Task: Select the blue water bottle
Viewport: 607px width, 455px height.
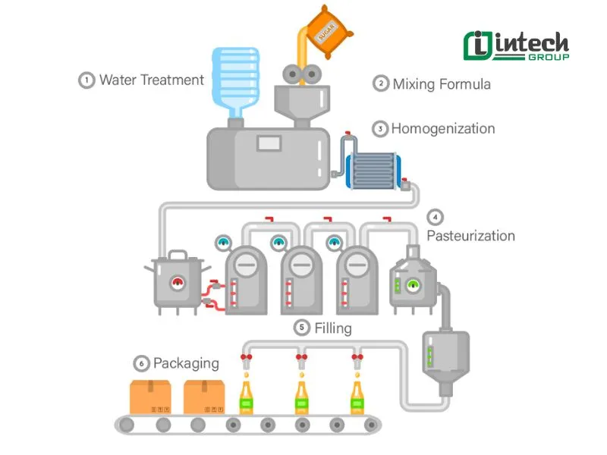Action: [234, 80]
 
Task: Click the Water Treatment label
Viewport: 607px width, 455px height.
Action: [151, 80]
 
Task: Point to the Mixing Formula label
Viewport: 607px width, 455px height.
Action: [441, 83]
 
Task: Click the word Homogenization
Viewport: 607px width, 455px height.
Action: [442, 128]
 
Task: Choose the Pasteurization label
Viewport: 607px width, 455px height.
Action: [470, 235]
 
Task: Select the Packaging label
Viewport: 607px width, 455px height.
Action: [186, 363]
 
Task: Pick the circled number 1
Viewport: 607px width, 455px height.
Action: [87, 80]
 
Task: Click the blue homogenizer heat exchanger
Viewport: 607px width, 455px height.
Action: [372, 171]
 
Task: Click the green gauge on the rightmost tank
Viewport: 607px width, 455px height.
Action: [414, 285]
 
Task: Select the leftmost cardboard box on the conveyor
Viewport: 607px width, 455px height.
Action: [150, 397]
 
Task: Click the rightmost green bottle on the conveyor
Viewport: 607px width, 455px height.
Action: [356, 398]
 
